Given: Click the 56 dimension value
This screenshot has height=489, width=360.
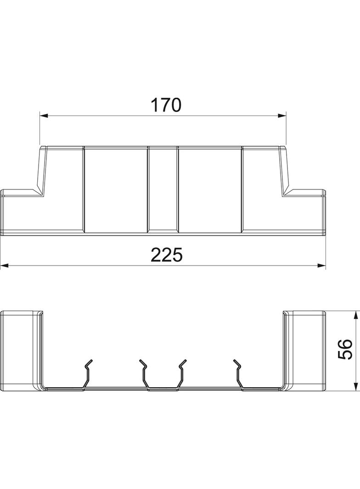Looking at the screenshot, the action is [x=345, y=350].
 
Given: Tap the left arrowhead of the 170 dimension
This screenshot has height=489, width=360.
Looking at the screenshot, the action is [x=44, y=116].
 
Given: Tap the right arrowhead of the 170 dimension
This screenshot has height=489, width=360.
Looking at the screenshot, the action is [x=282, y=116].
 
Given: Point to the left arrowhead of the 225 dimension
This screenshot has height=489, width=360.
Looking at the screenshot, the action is [x=4, y=266].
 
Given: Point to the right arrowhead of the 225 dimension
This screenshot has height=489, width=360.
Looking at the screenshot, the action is [x=321, y=266].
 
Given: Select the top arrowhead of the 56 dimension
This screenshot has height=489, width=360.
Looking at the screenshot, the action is [x=356, y=315].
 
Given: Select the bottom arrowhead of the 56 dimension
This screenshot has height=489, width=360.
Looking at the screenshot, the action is [x=356, y=386].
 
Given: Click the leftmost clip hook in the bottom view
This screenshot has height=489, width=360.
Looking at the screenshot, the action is [x=87, y=374].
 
